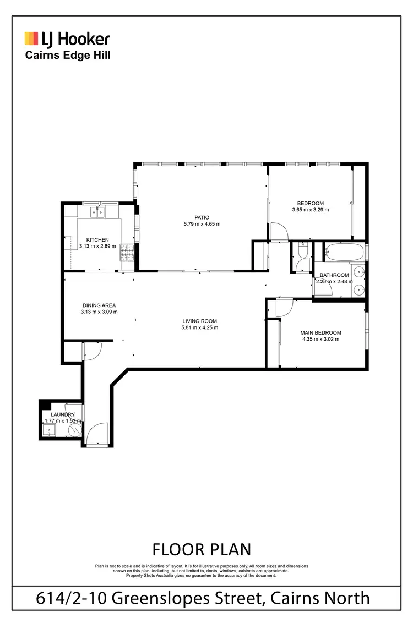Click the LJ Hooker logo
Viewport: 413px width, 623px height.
coord(67,39)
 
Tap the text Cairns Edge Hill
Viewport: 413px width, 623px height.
coord(67,55)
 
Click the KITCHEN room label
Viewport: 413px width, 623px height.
coord(97,239)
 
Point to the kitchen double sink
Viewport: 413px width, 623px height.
coord(98,211)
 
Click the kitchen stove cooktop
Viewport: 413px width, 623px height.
coord(127,253)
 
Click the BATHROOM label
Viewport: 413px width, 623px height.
coord(334,275)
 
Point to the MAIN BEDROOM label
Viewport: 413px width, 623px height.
coord(320,332)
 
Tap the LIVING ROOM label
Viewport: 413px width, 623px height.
coord(199,321)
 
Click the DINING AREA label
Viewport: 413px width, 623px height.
coord(99,305)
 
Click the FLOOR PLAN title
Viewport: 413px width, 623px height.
coord(201,549)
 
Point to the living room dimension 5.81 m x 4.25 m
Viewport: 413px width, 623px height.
coord(199,327)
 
